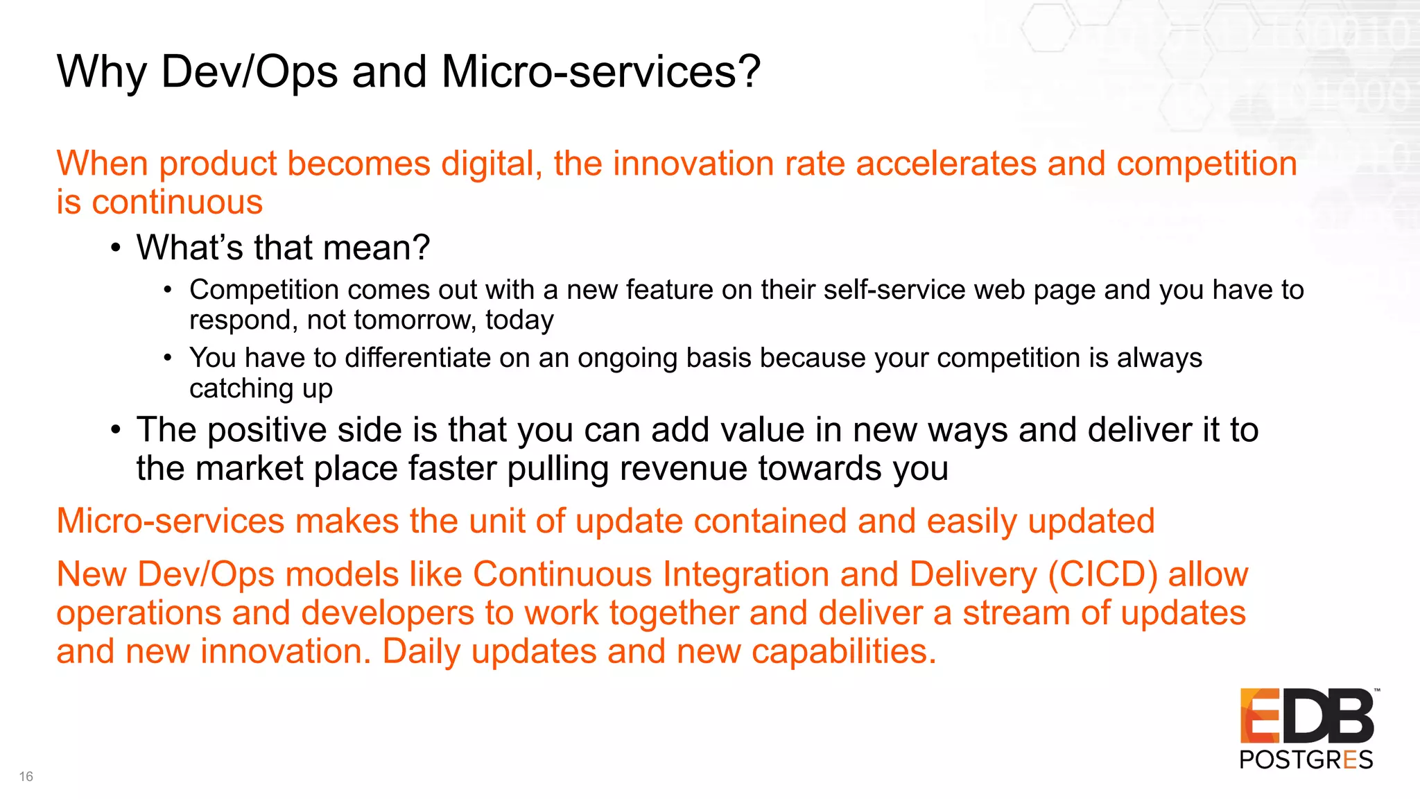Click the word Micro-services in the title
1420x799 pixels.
tap(600, 71)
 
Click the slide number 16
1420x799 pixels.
tap(26, 776)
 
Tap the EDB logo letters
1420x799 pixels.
tap(1307, 716)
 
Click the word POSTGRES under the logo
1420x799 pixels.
tap(1306, 760)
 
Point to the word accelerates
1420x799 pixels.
tap(946, 164)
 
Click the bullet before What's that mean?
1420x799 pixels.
tap(116, 248)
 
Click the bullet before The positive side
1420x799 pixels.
tap(116, 431)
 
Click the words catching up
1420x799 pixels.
tap(261, 389)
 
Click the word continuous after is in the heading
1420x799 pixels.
tap(177, 203)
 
